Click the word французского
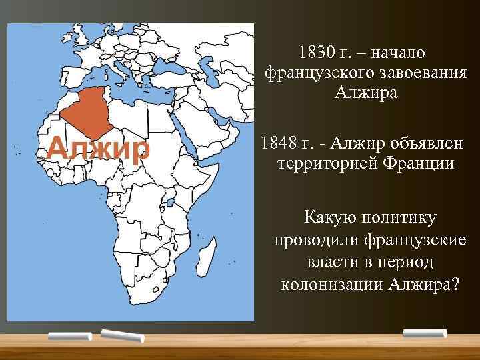[319, 71]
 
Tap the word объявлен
[430, 143]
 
